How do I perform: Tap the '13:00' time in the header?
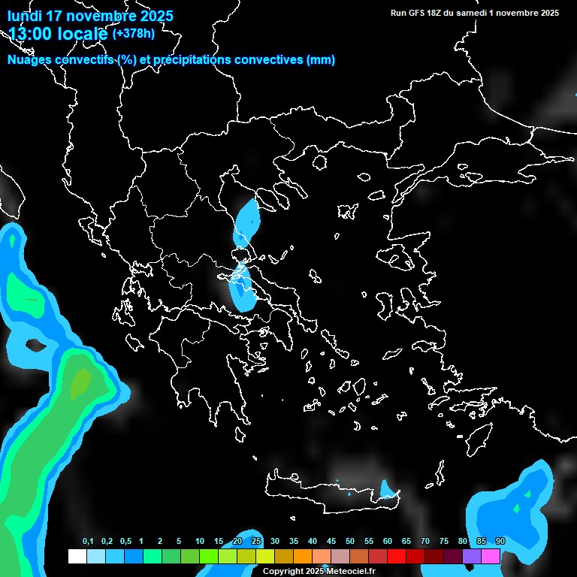(x=30, y=33)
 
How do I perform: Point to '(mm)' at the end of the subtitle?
(x=321, y=60)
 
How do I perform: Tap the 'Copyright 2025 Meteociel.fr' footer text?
(x=319, y=572)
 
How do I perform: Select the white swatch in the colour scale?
(x=77, y=557)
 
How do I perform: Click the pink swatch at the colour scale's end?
(x=491, y=557)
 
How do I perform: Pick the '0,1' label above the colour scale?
(x=88, y=542)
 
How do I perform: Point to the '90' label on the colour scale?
(x=500, y=542)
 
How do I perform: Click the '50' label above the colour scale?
(x=350, y=542)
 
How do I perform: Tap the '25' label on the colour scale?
(x=256, y=542)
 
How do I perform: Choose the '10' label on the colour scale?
(x=200, y=542)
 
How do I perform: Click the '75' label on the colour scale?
(x=444, y=542)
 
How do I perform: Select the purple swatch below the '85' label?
(x=473, y=557)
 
